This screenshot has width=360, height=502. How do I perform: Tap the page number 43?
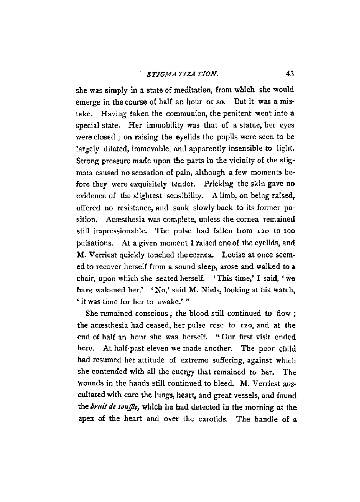coord(290,74)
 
